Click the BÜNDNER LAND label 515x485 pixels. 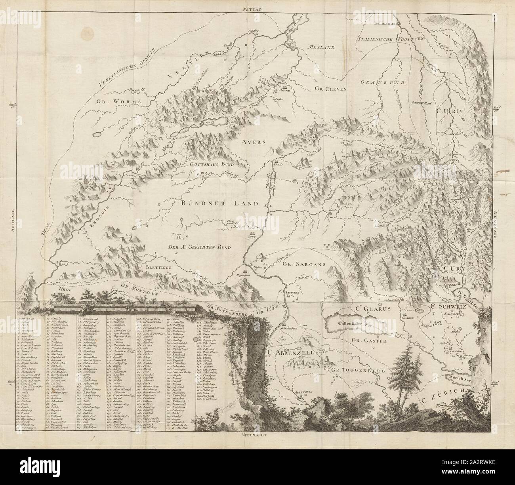[x=219, y=204]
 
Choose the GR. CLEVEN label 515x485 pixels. [x=328, y=89]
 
